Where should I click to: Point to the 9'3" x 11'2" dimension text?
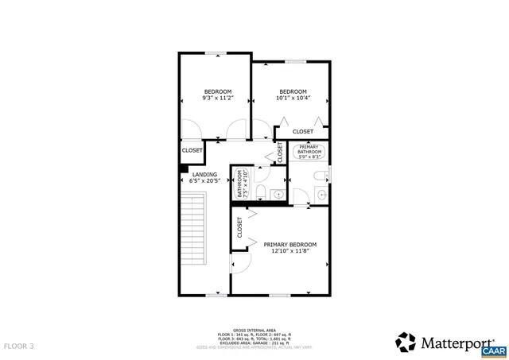coord(217,99)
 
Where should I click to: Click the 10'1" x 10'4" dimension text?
coord(293,99)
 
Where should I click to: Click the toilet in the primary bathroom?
coord(320,176)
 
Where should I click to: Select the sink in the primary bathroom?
coord(321,194)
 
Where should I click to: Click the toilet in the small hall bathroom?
coord(267,176)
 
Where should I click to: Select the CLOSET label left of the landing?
coord(192,150)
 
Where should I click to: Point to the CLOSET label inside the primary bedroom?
coord(239,228)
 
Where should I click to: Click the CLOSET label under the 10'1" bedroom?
coord(303,131)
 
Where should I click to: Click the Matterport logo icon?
coord(406,342)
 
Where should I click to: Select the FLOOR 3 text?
coord(19,346)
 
